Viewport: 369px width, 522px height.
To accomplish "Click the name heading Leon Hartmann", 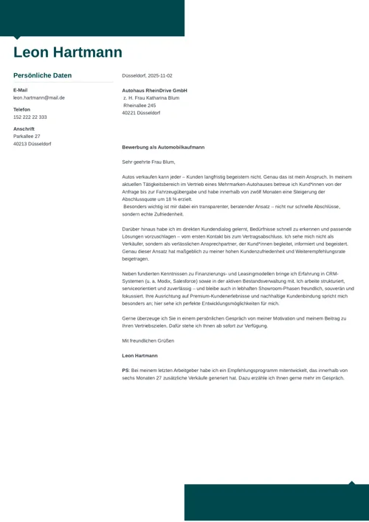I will coord(68,52).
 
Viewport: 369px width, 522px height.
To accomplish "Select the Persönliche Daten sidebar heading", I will coord(43,75).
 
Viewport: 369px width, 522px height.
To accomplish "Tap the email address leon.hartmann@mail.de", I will coord(39,97).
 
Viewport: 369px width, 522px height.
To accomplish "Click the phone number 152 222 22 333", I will coord(30,117).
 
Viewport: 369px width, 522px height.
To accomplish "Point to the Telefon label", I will coord(22,109).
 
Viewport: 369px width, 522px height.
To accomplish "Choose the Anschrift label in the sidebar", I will coord(24,128).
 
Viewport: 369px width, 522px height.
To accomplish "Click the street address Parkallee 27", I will coord(27,136).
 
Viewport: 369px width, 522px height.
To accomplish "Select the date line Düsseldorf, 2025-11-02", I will coord(147,75).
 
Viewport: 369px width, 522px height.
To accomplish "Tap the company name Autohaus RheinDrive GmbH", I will coord(154,90).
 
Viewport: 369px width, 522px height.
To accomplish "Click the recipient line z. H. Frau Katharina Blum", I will coord(151,97).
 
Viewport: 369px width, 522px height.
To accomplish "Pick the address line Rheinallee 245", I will coord(139,106).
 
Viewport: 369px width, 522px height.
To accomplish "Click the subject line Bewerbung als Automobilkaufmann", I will coord(163,147).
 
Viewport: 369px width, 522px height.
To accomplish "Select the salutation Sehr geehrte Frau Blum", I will coord(148,162).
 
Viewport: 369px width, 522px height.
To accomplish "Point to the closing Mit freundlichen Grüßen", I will coord(148,340).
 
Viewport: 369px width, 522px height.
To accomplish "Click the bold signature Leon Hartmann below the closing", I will coord(139,355).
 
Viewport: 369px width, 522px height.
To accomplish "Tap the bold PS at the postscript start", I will coord(125,370).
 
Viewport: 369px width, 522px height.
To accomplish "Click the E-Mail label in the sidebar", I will coord(21,90).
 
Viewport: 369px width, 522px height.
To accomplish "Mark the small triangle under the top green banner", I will coord(17,38).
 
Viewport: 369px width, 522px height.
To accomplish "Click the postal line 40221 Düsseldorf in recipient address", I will coord(141,113).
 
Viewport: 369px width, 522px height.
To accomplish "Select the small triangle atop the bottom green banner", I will coord(351,483).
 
